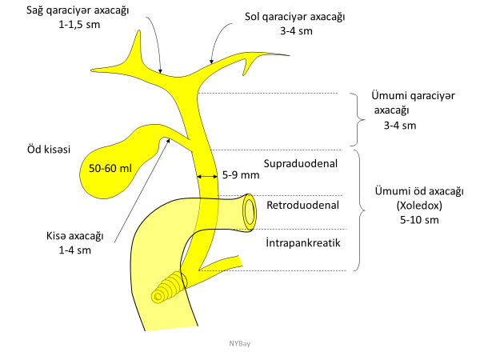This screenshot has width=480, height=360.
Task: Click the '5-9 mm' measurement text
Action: tap(241, 174)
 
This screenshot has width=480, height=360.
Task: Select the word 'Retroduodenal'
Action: tap(302, 205)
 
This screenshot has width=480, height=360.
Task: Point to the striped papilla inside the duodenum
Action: tap(167, 286)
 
